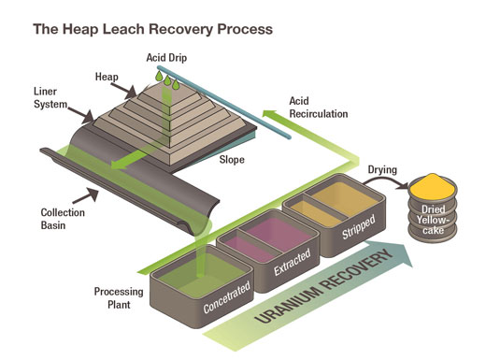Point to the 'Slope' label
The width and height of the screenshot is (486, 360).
[x=233, y=160]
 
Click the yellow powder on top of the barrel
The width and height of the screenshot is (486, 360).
[x=436, y=184]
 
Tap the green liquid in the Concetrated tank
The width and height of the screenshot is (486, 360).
[x=199, y=274]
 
